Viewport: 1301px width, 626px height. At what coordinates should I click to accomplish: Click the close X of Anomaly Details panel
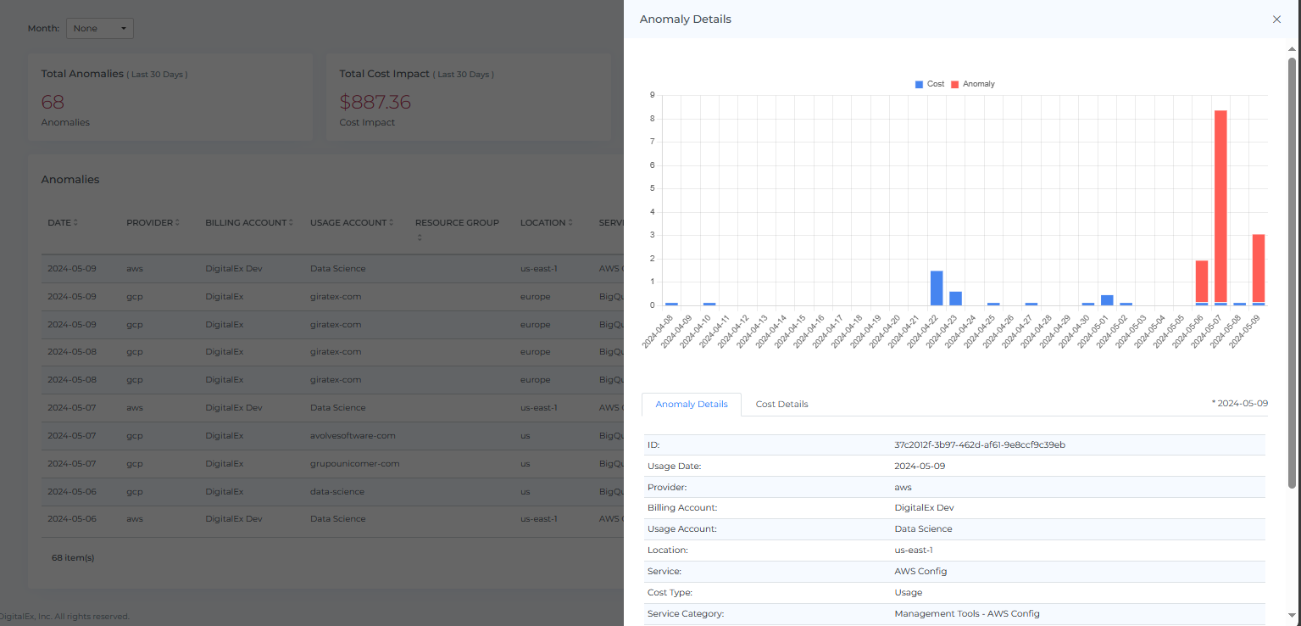click(x=1276, y=20)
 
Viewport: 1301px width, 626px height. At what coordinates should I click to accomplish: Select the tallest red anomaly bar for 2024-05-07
click(x=1220, y=204)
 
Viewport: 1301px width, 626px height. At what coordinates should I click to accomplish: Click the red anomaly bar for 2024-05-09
click(x=1259, y=267)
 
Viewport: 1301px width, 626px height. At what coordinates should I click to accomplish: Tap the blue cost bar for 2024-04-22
click(x=937, y=288)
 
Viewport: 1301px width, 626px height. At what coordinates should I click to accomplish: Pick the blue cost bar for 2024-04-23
click(x=955, y=298)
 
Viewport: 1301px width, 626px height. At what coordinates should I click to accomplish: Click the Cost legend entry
click(x=930, y=84)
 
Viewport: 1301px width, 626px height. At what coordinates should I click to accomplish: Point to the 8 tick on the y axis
click(x=652, y=119)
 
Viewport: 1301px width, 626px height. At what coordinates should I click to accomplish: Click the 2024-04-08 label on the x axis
click(x=659, y=330)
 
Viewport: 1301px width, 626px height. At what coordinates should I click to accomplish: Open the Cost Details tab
click(x=781, y=405)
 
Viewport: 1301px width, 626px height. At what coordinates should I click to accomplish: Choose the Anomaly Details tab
click(x=692, y=405)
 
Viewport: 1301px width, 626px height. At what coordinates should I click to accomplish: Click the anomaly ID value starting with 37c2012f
click(x=980, y=445)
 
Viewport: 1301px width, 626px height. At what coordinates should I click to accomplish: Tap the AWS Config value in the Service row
click(x=920, y=571)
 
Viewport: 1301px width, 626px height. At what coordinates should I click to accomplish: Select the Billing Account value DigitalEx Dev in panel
click(x=924, y=508)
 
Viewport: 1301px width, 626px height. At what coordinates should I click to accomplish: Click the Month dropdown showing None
click(x=99, y=29)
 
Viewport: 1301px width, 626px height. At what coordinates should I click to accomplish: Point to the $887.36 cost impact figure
click(x=375, y=103)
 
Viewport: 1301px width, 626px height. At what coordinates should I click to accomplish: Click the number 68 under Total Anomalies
click(x=53, y=103)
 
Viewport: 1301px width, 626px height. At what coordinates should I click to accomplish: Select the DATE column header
click(x=61, y=223)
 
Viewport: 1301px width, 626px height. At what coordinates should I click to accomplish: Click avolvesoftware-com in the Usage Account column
click(x=353, y=436)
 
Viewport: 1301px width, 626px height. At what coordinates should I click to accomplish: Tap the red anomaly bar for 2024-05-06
click(x=1202, y=281)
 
